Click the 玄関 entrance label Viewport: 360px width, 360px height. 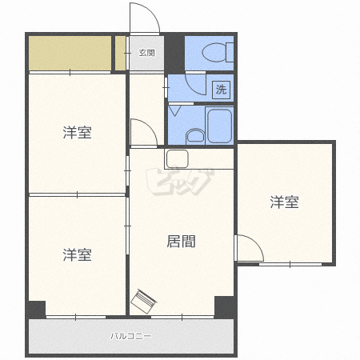point(146,53)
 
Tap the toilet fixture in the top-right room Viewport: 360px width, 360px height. point(218,52)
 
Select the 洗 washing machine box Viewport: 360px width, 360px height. point(221,90)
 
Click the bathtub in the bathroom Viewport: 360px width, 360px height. point(219,126)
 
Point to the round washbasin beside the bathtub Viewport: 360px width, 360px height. point(195,136)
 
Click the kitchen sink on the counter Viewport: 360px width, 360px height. point(178,158)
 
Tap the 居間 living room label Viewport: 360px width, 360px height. point(181,242)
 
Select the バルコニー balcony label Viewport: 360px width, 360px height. point(130,336)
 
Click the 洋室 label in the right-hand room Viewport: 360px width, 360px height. point(284,202)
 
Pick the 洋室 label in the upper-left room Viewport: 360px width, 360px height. point(78,132)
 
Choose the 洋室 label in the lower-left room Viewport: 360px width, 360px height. point(78,254)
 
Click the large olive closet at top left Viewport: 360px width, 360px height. point(70,53)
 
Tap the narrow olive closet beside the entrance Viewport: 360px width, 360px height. point(120,53)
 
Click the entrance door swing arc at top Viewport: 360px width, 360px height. point(151,12)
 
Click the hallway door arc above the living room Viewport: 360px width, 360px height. point(150,126)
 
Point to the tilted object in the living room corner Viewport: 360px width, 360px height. point(143,302)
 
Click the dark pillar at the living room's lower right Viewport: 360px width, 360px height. point(225,307)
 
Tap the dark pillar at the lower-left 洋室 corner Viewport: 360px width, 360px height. point(36,310)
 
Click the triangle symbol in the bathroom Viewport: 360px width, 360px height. point(175,110)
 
